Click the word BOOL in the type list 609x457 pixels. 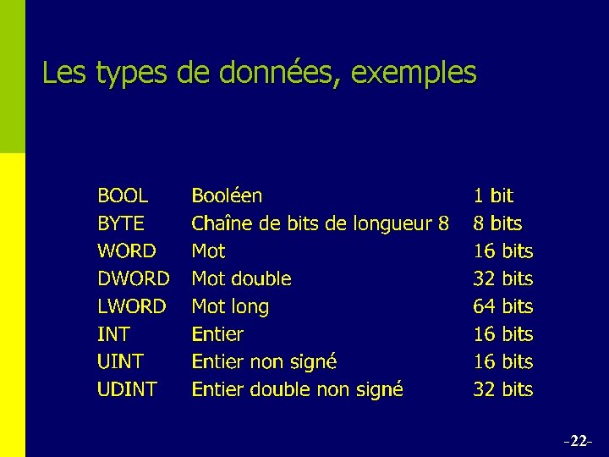(123, 196)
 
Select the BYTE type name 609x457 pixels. (121, 224)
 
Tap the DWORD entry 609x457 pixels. (134, 278)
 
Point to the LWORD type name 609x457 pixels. (132, 306)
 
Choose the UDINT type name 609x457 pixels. (127, 389)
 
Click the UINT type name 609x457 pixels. (120, 361)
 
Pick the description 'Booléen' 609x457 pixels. (227, 196)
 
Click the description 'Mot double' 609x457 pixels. (241, 278)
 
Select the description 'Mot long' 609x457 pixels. (230, 306)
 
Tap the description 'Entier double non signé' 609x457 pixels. (297, 389)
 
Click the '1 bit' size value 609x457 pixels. (493, 196)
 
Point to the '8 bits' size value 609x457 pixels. (497, 224)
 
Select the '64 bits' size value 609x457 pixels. (502, 306)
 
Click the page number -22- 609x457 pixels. (579, 441)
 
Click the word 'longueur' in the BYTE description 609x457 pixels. (389, 224)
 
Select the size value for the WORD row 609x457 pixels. (502, 251)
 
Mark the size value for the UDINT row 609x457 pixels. (502, 389)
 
